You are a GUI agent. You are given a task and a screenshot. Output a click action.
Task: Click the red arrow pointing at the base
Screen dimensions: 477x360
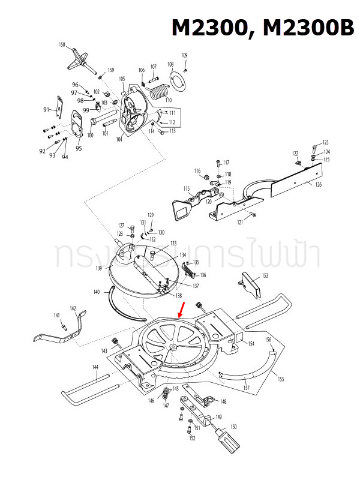(182, 310)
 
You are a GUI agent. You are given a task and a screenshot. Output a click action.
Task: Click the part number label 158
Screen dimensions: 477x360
(62, 45)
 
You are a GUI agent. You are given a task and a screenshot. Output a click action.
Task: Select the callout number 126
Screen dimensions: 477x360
(318, 184)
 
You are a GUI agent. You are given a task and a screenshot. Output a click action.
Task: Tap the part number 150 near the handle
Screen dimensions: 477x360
(233, 427)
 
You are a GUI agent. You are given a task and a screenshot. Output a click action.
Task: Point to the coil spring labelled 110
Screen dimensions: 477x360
(159, 92)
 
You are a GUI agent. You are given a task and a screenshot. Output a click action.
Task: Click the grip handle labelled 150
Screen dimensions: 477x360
(226, 445)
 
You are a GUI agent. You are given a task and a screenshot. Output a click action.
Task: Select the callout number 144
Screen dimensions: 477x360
(95, 367)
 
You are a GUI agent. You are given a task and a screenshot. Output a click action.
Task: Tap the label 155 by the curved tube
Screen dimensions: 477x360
(280, 379)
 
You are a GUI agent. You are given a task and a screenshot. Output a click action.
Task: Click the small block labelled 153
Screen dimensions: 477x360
(251, 285)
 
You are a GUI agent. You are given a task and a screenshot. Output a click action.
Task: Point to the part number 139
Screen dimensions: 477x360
(98, 268)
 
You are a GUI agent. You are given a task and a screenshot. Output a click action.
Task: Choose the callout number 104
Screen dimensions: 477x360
(119, 139)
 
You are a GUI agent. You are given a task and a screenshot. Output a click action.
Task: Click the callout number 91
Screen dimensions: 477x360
(46, 110)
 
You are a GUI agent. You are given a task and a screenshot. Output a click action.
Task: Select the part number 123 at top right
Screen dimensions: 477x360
(326, 142)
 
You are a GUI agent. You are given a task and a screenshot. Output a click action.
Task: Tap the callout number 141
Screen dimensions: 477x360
(57, 316)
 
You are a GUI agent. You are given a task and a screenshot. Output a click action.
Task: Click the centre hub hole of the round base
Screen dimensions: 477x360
(172, 347)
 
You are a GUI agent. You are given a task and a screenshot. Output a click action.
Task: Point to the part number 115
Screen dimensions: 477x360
(187, 189)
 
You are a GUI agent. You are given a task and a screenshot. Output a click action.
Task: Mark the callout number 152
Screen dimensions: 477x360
(192, 439)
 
